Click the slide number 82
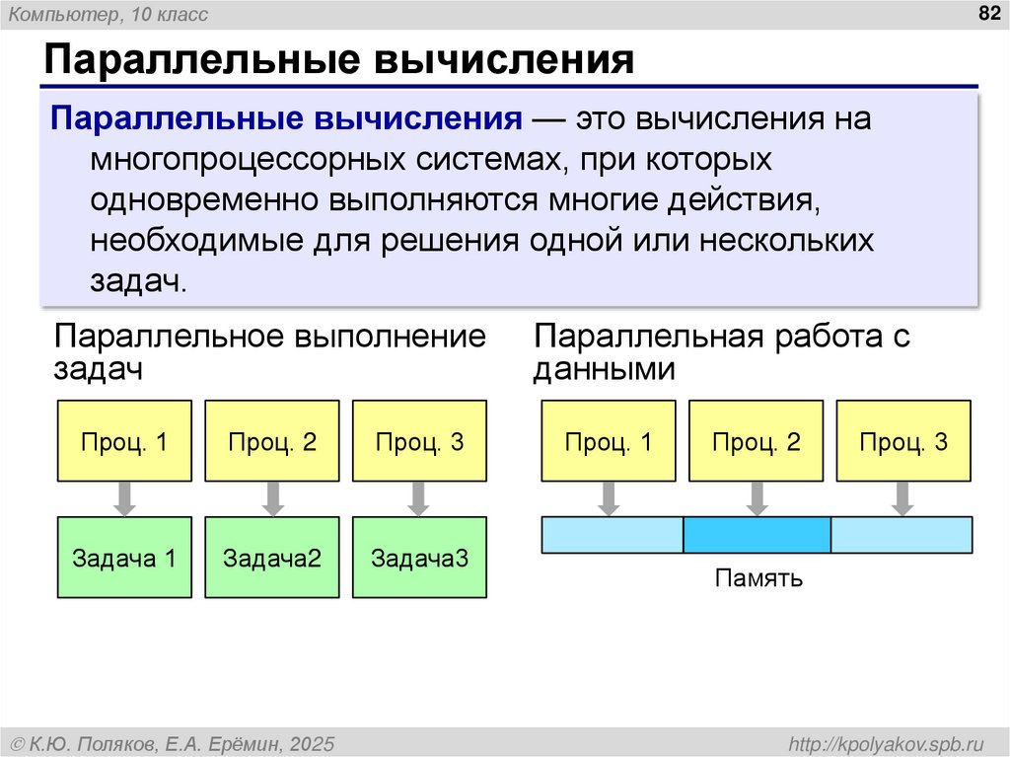pyautogui.click(x=987, y=13)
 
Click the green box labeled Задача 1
pyautogui.click(x=124, y=558)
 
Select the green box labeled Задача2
pyautogui.click(x=272, y=558)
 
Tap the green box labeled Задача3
pyautogui.click(x=419, y=558)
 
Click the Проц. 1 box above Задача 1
pyautogui.click(x=124, y=440)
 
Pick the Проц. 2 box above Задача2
pyautogui.click(x=272, y=440)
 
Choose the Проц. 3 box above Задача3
pyautogui.click(x=419, y=440)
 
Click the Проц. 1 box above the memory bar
pyautogui.click(x=609, y=440)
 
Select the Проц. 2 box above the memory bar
pyautogui.click(x=757, y=440)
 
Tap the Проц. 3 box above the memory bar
pyautogui.click(x=903, y=440)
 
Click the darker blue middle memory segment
pyautogui.click(x=757, y=534)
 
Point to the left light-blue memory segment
pyautogui.click(x=613, y=534)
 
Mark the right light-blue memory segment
pyautogui.click(x=902, y=534)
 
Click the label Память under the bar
pyautogui.click(x=758, y=578)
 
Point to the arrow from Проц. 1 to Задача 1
pyautogui.click(x=124, y=498)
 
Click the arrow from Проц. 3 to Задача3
pyautogui.click(x=419, y=498)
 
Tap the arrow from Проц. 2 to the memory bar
pyautogui.click(x=757, y=498)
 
